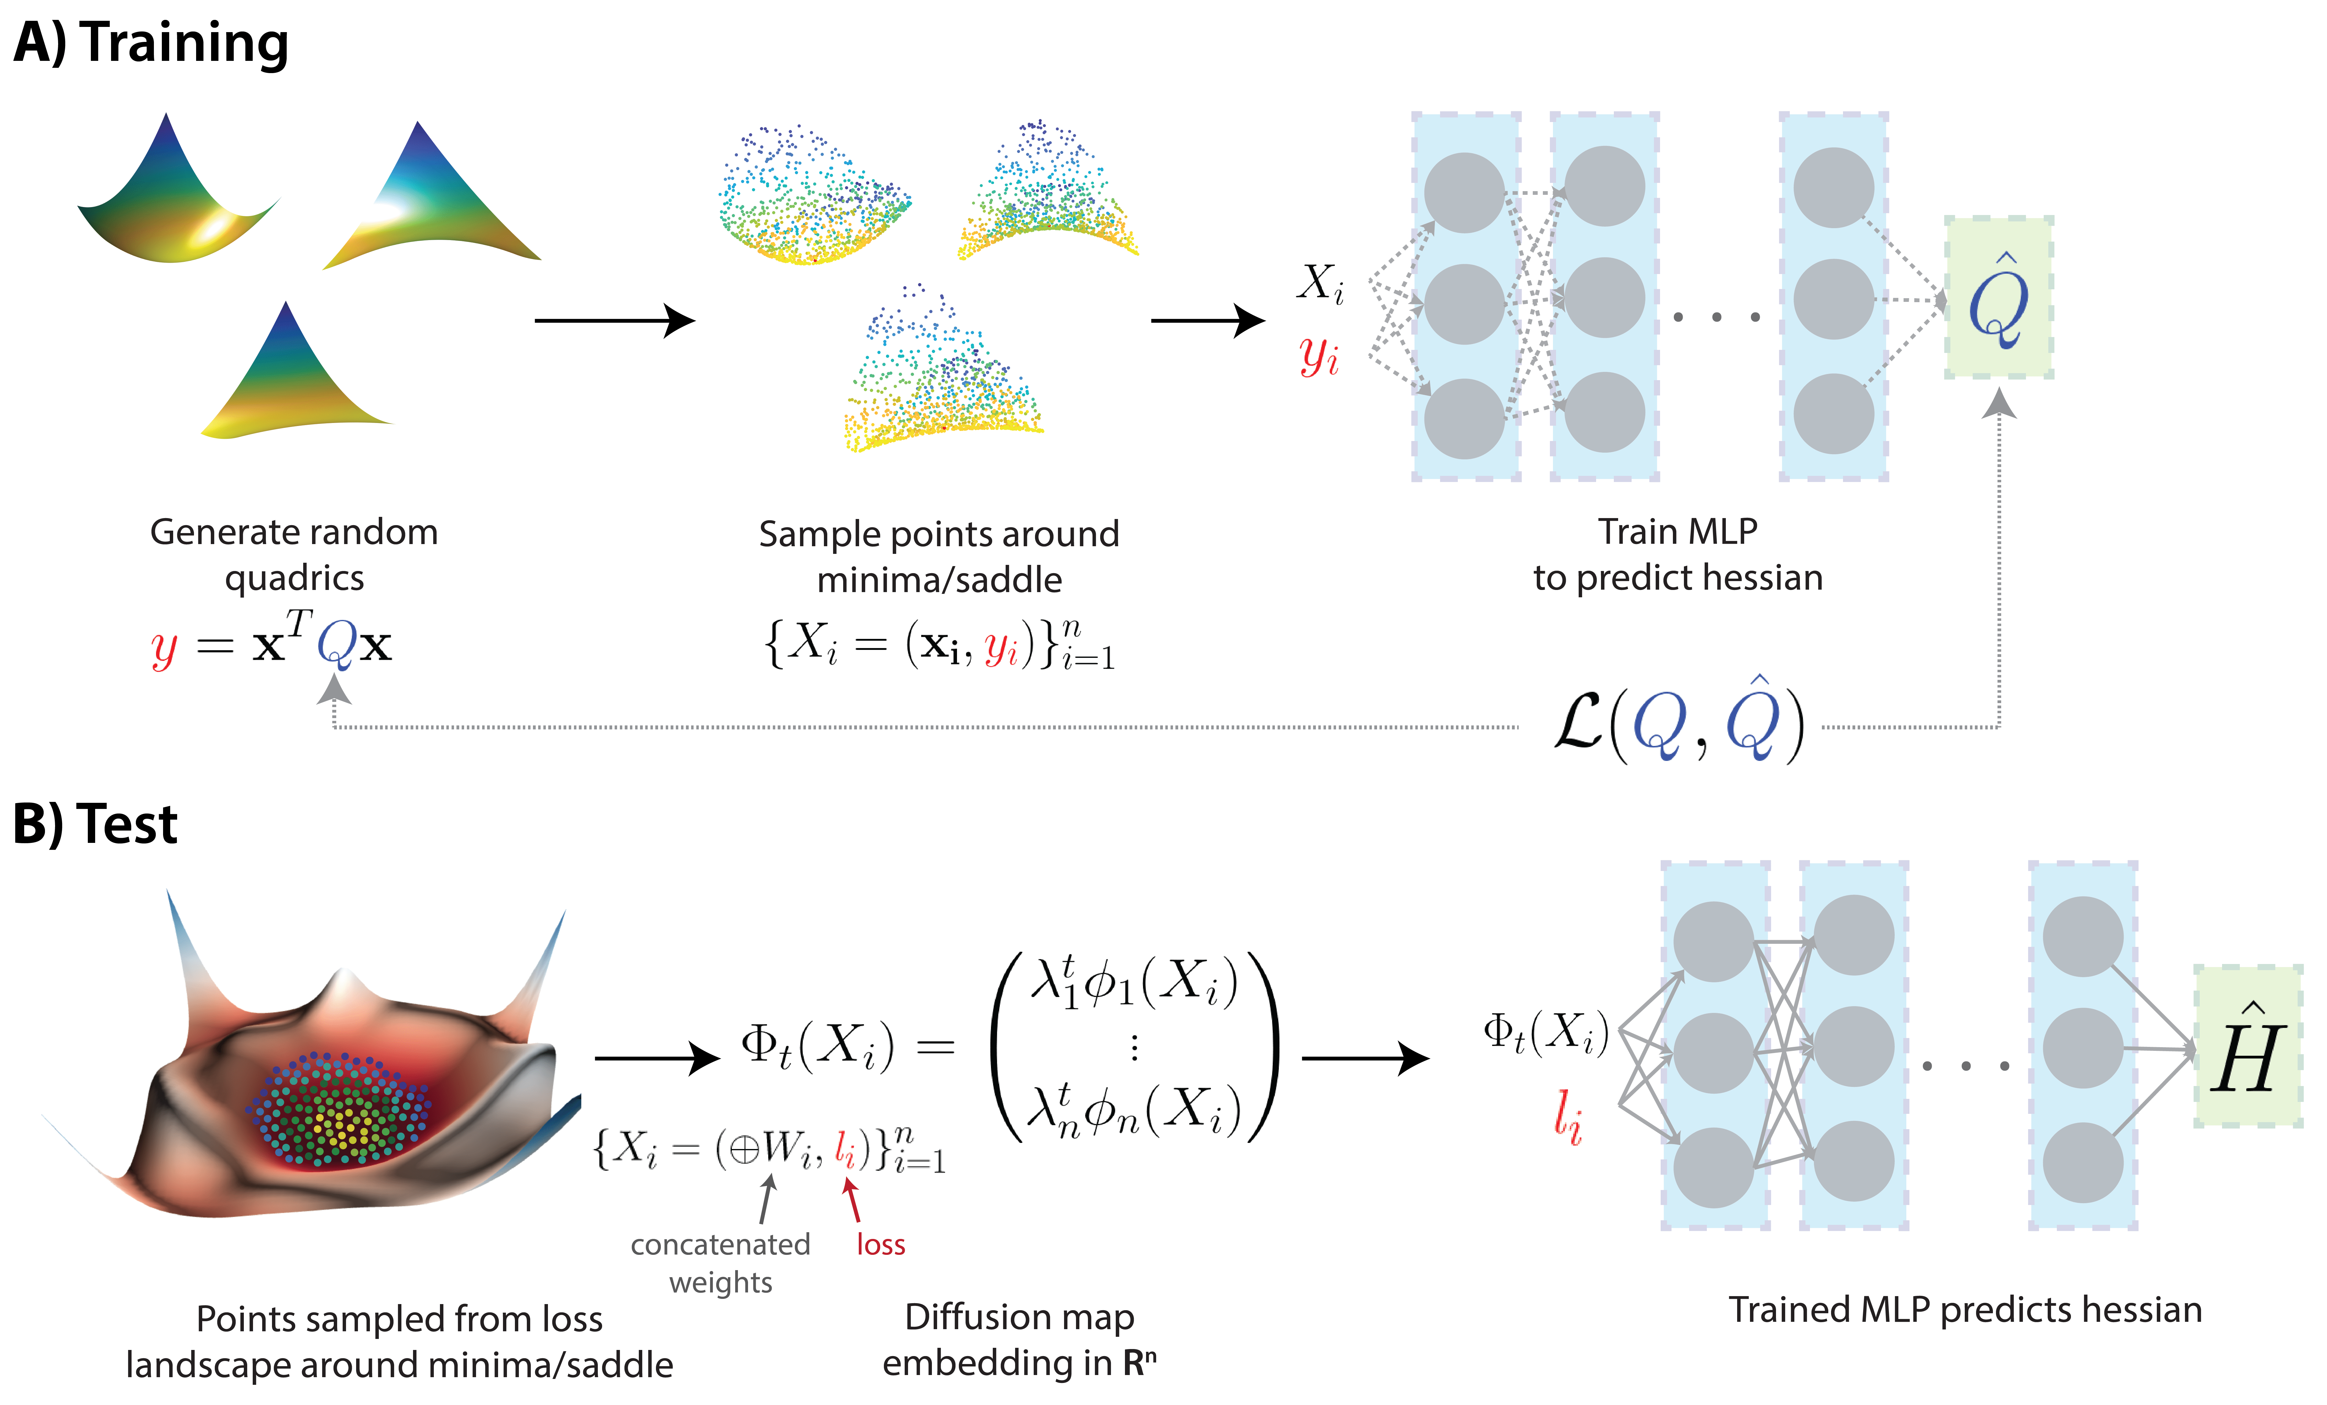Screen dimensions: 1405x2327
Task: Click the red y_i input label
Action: (1318, 356)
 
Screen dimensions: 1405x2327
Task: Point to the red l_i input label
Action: (1568, 1117)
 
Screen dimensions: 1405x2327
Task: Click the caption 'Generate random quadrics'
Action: (294, 554)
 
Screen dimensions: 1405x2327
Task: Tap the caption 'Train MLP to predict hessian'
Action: (1677, 554)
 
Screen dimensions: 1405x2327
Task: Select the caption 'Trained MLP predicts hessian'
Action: (1964, 1310)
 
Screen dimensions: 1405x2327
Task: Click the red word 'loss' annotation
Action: (880, 1244)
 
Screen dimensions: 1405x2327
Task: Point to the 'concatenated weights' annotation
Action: (720, 1262)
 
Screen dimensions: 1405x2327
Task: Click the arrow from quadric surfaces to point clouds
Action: (614, 321)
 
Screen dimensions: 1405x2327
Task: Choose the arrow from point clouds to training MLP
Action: (1207, 321)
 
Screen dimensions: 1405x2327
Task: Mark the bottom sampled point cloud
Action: (940, 378)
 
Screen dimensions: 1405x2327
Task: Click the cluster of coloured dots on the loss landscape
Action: (340, 1110)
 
